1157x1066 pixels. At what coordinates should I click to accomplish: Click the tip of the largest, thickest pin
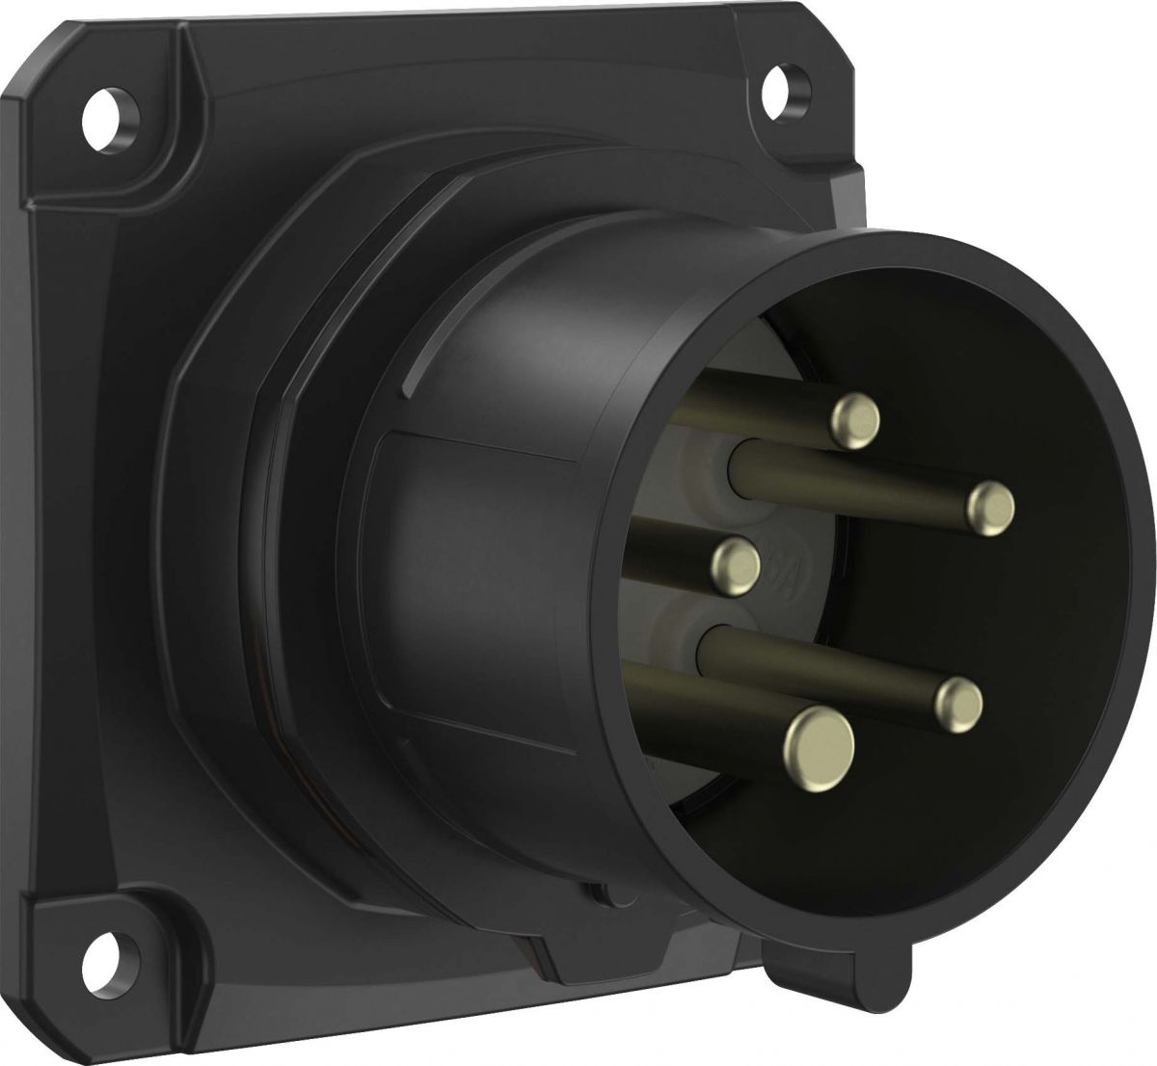[820, 740]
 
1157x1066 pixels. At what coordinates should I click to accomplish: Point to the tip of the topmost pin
[855, 420]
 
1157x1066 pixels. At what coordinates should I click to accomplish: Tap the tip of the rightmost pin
[991, 508]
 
